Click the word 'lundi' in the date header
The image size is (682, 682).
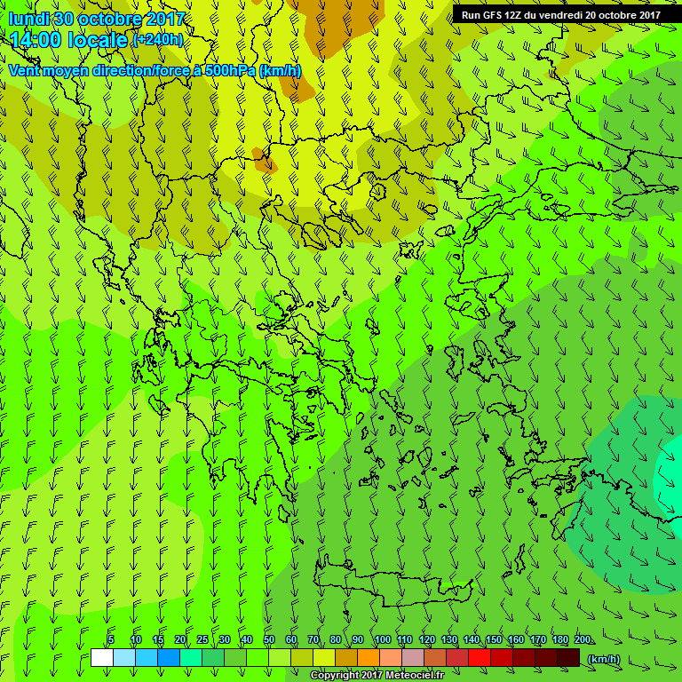pos(28,19)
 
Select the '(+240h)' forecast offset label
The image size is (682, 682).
pos(157,40)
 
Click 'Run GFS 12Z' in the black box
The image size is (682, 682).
pos(491,14)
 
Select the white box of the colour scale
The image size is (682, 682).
pos(101,658)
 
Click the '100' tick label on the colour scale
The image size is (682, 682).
pos(383,640)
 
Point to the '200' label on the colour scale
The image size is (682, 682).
pos(583,640)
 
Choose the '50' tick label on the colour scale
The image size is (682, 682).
pos(269,640)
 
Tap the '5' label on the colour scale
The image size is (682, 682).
pos(111,640)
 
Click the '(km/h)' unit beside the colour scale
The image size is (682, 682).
pos(604,659)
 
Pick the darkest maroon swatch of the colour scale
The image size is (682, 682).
pos(568,658)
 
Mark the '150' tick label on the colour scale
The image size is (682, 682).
pos(494,640)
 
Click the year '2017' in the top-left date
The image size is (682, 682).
pos(163,19)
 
